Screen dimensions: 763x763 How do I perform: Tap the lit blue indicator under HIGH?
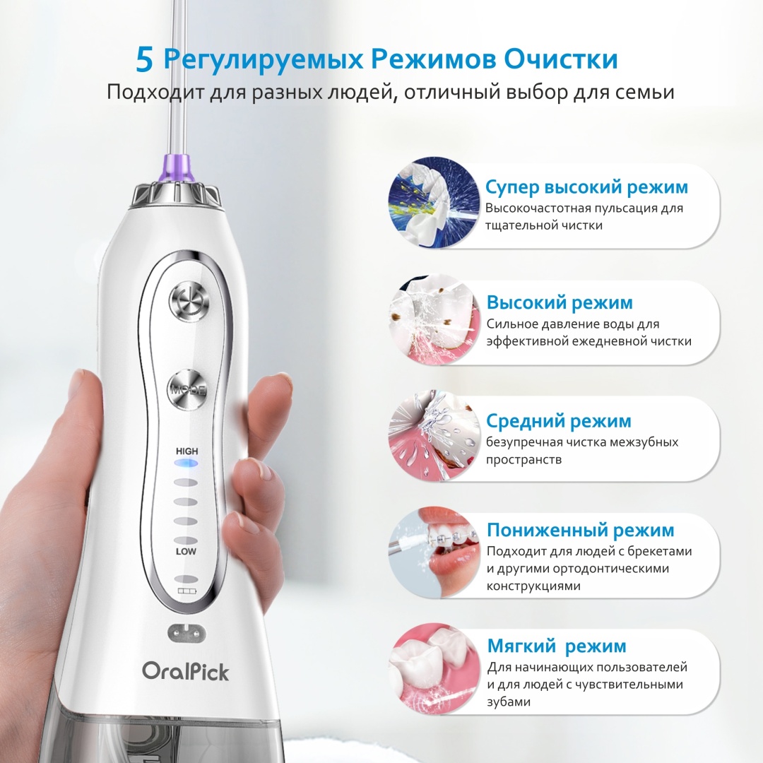click(x=187, y=463)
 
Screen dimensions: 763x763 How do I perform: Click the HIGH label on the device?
click(x=187, y=451)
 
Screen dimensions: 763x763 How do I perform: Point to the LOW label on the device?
click(x=186, y=551)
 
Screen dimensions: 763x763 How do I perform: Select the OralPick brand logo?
click(x=185, y=672)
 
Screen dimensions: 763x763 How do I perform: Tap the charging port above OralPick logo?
click(x=187, y=632)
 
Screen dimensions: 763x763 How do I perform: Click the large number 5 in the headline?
click(x=145, y=60)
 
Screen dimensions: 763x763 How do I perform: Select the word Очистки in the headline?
click(x=560, y=59)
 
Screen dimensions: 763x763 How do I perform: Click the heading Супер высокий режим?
click(x=586, y=187)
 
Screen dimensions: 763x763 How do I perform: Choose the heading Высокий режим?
click(x=560, y=302)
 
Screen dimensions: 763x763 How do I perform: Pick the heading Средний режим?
click(x=559, y=421)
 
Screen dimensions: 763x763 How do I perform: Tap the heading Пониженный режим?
click(x=581, y=530)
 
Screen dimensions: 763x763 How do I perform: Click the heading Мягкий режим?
click(x=557, y=646)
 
